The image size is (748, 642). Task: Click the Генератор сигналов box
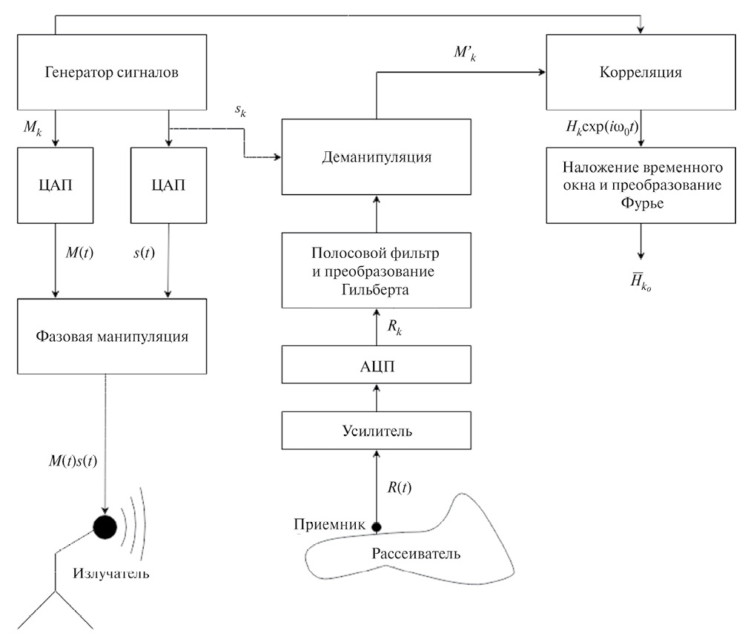[x=111, y=73]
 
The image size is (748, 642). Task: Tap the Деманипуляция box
[x=377, y=157]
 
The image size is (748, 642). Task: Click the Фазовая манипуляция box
[x=111, y=336]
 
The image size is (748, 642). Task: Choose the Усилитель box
[x=377, y=429]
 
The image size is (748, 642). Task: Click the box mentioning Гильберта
[x=377, y=271]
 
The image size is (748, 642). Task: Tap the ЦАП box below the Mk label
[x=56, y=185]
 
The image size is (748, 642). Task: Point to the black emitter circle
[x=105, y=526]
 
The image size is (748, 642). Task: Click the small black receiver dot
[x=376, y=527]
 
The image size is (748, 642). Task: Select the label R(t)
[x=400, y=487]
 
